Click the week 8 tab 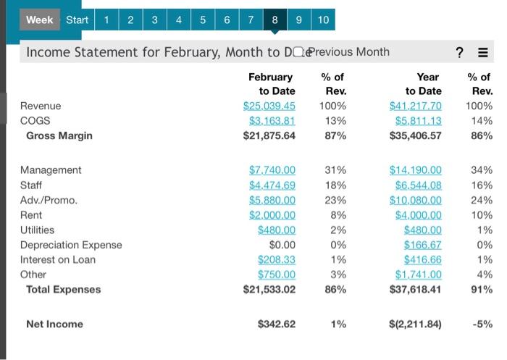pos(274,20)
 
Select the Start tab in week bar pos(77,20)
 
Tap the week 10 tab pos(323,20)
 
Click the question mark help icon pos(459,52)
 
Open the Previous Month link pos(348,51)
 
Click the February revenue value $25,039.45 pos(269,106)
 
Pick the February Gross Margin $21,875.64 pos(269,135)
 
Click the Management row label pos(51,170)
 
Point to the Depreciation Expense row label pos(71,245)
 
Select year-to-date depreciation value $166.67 pos(422,245)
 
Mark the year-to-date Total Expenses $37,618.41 pos(415,290)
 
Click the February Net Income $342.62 pos(276,325)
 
